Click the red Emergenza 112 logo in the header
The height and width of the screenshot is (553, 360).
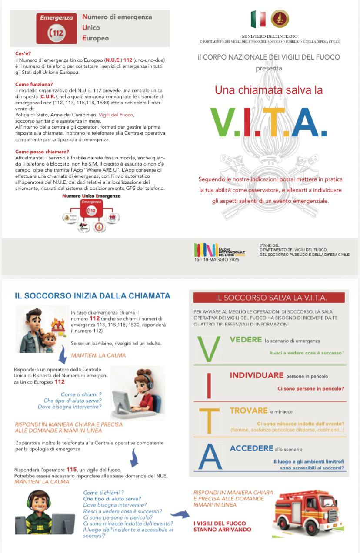(x=57, y=28)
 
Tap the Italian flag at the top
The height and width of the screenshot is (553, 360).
(x=258, y=19)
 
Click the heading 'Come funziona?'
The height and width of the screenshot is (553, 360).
(x=34, y=84)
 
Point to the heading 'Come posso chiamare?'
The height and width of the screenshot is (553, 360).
(x=42, y=152)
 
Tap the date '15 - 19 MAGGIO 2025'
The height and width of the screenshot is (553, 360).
(x=217, y=259)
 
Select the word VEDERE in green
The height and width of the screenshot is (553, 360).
(x=246, y=340)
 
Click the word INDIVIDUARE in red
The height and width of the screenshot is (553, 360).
(x=257, y=375)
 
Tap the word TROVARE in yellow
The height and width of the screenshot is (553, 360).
(x=248, y=411)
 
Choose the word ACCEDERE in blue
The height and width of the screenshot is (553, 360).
(x=251, y=448)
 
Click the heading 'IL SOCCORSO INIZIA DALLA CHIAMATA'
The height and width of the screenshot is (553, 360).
(x=92, y=296)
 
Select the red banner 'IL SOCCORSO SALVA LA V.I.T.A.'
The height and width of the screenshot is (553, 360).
(x=269, y=298)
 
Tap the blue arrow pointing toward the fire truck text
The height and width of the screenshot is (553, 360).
(x=179, y=515)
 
